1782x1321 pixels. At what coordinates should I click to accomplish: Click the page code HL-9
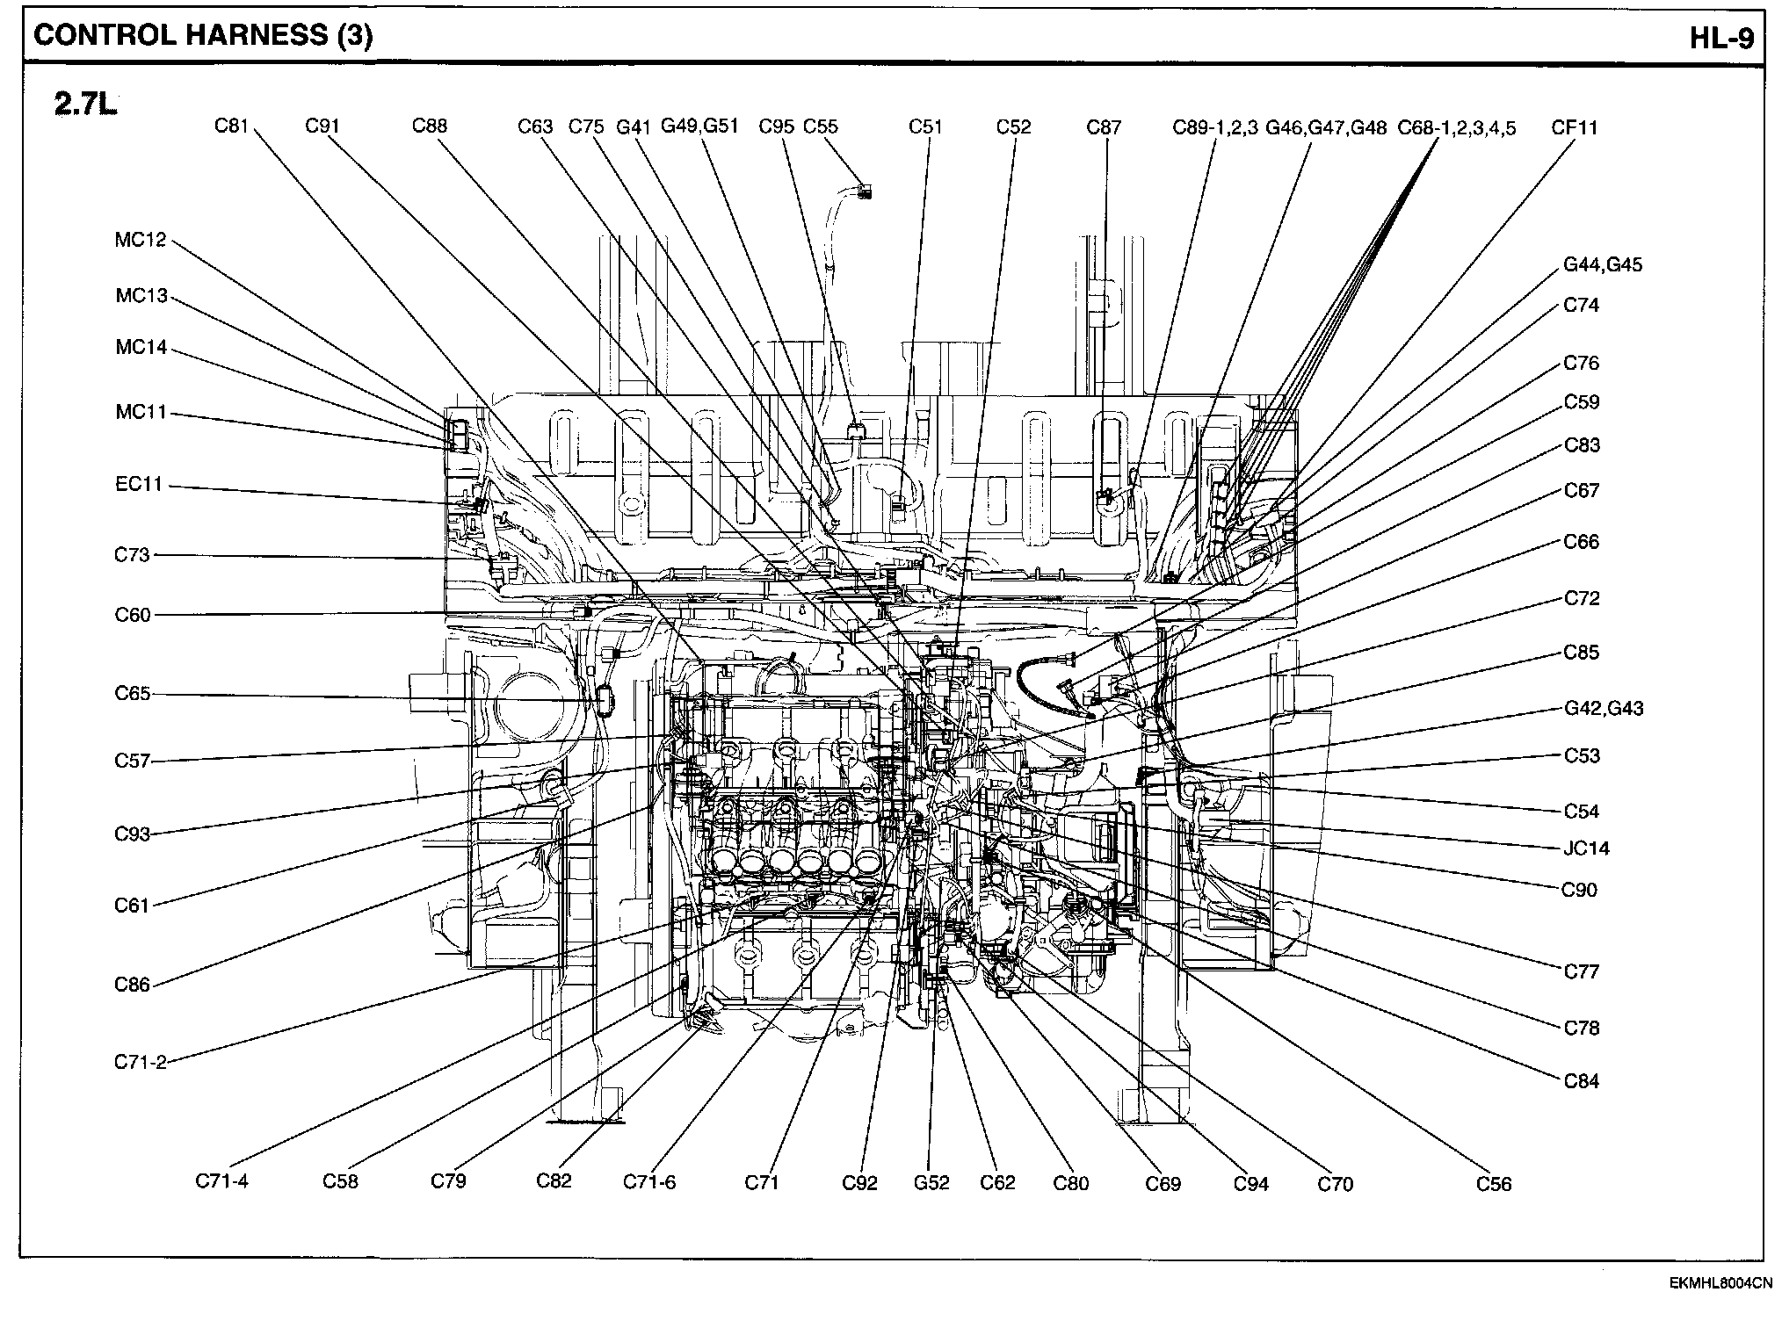click(x=1721, y=36)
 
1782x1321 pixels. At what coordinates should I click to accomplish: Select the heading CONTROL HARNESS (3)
click(x=203, y=35)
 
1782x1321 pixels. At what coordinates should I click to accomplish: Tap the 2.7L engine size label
click(x=85, y=105)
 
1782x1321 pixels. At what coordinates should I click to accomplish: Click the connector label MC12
click(x=141, y=240)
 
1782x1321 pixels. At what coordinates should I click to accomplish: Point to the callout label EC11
click(x=140, y=484)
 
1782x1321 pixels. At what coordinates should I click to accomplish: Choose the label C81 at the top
click(x=232, y=126)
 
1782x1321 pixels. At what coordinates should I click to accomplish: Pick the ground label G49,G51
click(x=699, y=126)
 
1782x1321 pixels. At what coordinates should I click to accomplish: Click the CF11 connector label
click(x=1575, y=127)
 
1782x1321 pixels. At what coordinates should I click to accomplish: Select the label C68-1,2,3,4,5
click(x=1457, y=128)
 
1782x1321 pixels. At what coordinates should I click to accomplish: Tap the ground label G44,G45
click(x=1603, y=264)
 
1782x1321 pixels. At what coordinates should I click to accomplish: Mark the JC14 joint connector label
click(x=1586, y=848)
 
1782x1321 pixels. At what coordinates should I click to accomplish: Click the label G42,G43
click(x=1604, y=708)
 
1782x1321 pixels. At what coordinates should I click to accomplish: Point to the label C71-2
click(x=141, y=1062)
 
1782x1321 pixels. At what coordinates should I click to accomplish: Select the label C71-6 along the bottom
click(x=649, y=1181)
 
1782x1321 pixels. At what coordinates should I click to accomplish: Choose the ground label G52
click(x=931, y=1182)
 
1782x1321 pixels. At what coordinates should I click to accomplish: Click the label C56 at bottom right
click(x=1494, y=1184)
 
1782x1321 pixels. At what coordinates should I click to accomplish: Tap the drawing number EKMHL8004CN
click(x=1720, y=1283)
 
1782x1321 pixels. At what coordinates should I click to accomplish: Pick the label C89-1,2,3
click(x=1215, y=127)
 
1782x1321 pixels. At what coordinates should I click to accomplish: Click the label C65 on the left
click(x=133, y=693)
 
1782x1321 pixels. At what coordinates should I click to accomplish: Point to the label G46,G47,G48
click(x=1326, y=128)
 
